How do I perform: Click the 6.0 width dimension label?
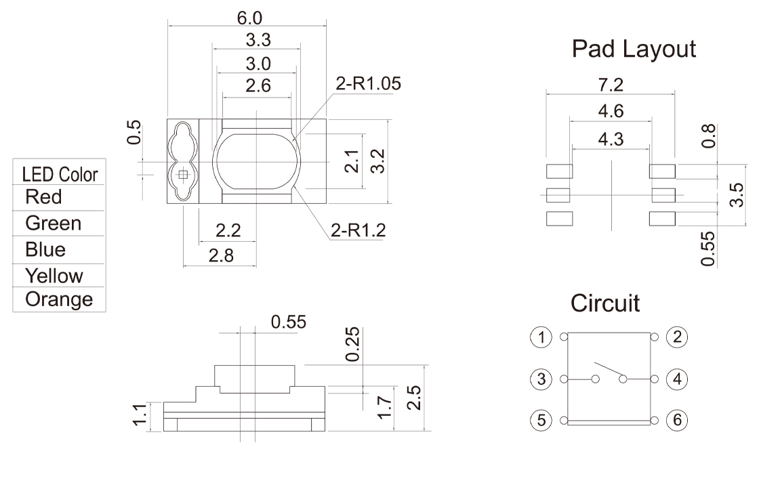[x=249, y=18]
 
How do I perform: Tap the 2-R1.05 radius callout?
[x=369, y=84]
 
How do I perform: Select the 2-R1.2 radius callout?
[x=358, y=230]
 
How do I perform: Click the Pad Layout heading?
[x=634, y=49]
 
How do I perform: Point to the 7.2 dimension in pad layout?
[x=611, y=85]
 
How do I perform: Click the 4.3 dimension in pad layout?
[x=611, y=140]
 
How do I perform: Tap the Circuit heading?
[x=605, y=303]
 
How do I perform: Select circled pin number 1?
[x=541, y=337]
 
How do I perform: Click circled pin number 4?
[x=677, y=379]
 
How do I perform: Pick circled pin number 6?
[x=677, y=420]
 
